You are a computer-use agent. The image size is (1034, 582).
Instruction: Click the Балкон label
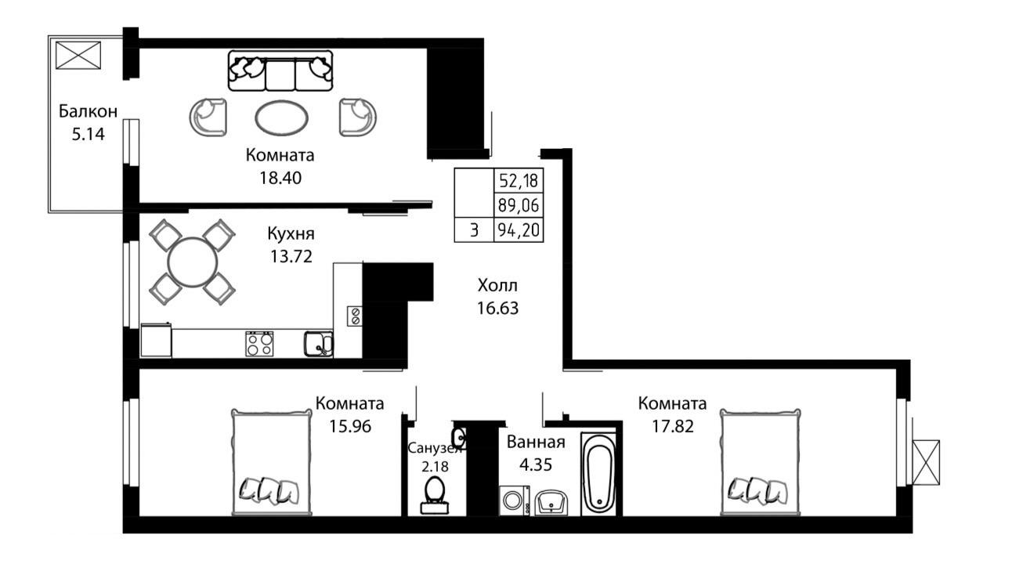click(88, 111)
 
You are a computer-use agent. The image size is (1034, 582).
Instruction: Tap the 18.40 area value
click(280, 178)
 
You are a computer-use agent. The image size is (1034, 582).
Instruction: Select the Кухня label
click(291, 233)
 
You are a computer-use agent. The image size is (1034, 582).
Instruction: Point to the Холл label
click(497, 286)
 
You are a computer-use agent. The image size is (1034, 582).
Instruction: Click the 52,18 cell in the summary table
click(519, 180)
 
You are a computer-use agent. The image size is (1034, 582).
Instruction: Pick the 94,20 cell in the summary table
click(519, 230)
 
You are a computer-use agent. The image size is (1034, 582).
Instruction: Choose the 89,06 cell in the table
click(519, 205)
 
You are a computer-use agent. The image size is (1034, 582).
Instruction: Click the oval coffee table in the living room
click(281, 117)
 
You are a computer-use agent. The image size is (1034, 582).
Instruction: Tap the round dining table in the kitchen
click(193, 262)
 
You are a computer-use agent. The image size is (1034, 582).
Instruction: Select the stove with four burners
click(259, 344)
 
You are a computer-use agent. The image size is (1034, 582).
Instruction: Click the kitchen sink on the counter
click(318, 344)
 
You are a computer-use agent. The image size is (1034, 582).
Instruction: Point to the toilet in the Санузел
click(435, 495)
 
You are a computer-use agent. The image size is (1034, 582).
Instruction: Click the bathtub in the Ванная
click(598, 474)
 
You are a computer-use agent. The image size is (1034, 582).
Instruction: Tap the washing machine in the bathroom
click(514, 501)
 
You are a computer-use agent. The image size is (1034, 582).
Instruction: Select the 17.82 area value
click(673, 426)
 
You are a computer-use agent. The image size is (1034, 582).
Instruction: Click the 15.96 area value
click(350, 426)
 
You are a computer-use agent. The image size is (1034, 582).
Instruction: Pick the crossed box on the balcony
click(78, 56)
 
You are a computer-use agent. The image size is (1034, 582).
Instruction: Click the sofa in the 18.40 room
click(280, 70)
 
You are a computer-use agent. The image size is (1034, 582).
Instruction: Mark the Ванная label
click(536, 442)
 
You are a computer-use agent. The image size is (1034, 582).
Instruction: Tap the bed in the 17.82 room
click(761, 461)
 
